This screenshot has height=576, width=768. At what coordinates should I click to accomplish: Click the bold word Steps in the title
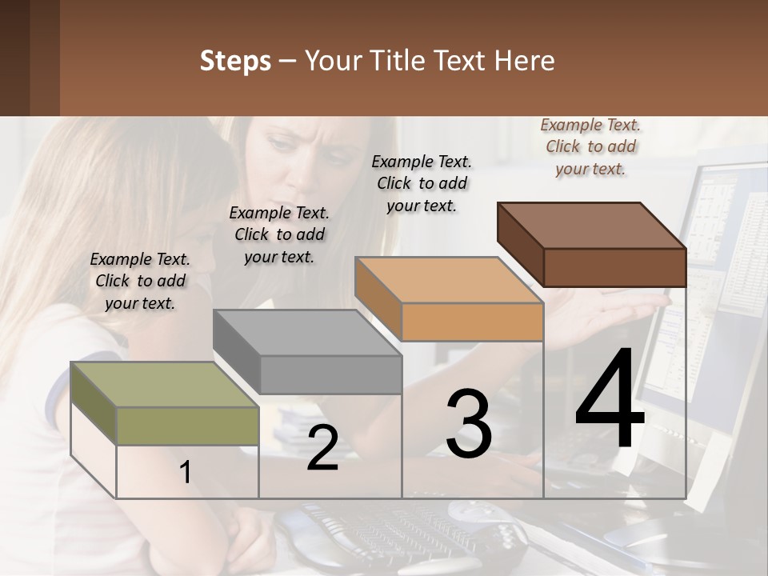click(x=235, y=61)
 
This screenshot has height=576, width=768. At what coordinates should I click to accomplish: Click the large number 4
click(x=610, y=400)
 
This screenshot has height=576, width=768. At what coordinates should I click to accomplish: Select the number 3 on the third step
click(x=469, y=424)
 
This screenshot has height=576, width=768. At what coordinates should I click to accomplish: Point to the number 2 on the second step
click(x=322, y=448)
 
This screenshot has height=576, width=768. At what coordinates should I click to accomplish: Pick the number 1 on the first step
click(x=185, y=473)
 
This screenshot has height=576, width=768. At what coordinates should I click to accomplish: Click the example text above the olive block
click(x=140, y=281)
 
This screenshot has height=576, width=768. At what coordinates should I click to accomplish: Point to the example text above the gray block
click(x=279, y=234)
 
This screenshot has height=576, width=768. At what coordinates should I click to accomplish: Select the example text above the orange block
click(x=422, y=183)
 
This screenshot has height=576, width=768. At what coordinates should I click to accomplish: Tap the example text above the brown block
click(x=590, y=146)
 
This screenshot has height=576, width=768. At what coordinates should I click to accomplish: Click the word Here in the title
click(x=527, y=61)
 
